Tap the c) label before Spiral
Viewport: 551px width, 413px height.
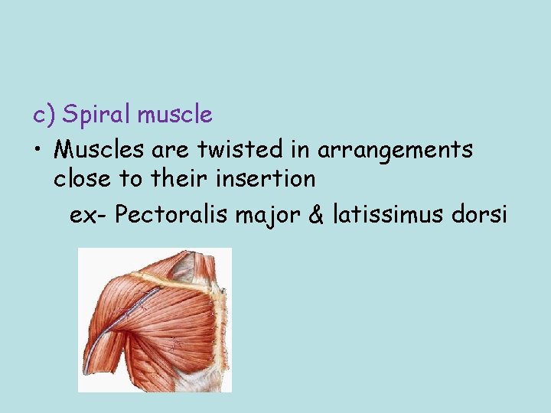pos(44,115)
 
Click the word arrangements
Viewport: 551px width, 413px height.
pos(395,151)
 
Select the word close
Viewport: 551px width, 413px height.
pos(82,180)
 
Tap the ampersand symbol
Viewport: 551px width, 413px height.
pos(315,214)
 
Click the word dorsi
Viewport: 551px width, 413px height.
pos(481,214)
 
